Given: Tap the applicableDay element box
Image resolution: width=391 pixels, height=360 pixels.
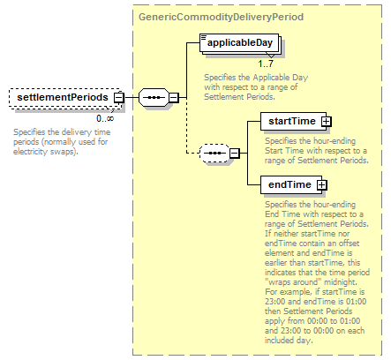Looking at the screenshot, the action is point(239,43).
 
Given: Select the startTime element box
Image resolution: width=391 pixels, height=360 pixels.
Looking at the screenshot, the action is point(293,121).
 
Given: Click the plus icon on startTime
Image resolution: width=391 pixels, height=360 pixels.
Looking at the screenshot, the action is point(326,121).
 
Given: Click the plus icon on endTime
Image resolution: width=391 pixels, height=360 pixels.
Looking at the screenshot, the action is point(322,184).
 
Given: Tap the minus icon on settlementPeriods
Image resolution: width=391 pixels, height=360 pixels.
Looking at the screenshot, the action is point(119,97).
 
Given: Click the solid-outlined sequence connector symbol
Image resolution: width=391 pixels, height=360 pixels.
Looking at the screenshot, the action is point(154,97).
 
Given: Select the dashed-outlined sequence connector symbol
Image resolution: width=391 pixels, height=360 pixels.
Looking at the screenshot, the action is point(214,153).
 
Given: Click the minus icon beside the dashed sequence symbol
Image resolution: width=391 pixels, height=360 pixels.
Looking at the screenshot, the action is point(234,153).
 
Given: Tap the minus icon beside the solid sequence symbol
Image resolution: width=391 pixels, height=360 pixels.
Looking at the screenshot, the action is point(174,97).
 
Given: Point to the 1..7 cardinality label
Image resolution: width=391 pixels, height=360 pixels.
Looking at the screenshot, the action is point(266,64).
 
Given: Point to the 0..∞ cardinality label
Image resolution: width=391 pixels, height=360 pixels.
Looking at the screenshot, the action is point(105,118).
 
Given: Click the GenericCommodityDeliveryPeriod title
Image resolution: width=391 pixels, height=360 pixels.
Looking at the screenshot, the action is point(221,17).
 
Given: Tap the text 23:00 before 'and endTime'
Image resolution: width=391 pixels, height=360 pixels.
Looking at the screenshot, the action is point(275,302).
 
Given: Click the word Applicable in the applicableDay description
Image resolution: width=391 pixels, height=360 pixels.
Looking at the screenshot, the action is point(271,78).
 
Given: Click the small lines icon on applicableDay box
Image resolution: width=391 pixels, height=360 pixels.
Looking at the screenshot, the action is point(203,37).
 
